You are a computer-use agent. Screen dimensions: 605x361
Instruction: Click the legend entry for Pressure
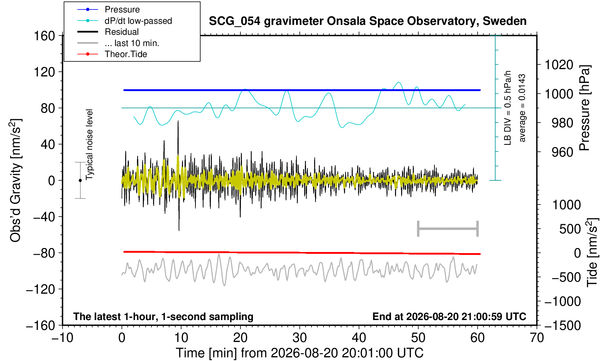122,10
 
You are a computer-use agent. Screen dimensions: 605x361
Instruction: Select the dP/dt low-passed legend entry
138,21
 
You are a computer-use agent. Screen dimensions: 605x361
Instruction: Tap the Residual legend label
122,32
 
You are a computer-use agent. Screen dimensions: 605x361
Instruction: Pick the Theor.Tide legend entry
126,54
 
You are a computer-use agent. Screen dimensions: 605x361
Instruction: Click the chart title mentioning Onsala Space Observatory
367,21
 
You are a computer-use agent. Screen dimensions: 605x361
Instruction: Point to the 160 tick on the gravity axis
44,36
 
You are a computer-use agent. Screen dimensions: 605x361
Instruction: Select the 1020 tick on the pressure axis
559,65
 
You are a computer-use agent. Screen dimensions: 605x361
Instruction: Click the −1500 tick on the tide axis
563,326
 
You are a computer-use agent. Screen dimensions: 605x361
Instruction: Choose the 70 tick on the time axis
537,338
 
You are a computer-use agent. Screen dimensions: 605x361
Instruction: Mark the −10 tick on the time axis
62,338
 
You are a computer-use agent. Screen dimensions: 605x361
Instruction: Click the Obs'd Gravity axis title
15,180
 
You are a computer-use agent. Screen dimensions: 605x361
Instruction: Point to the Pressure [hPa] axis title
585,108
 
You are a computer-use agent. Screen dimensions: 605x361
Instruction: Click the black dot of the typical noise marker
80,180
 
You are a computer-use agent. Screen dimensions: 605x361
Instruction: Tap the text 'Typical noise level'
89,144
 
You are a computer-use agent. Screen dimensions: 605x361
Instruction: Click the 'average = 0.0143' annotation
522,108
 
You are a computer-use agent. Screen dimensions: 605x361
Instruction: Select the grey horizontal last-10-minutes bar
448,229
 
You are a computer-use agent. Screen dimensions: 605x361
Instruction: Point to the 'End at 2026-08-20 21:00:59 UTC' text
449,316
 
